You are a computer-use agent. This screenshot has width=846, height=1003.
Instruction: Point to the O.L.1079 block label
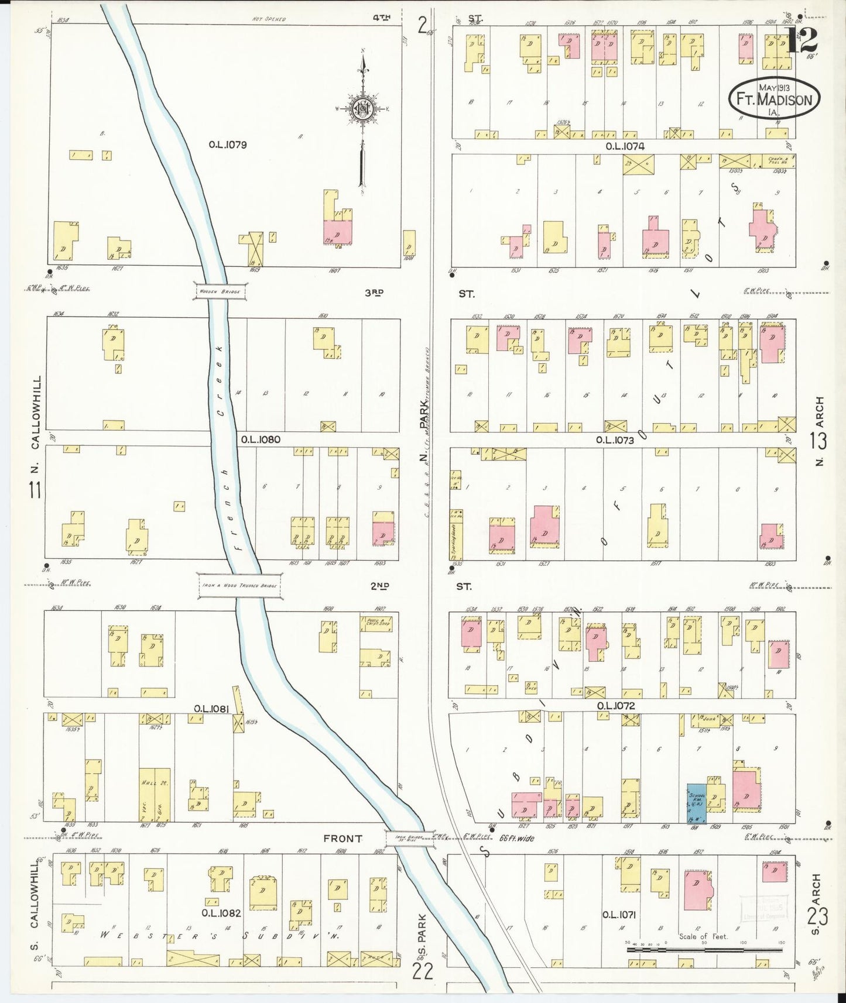227,145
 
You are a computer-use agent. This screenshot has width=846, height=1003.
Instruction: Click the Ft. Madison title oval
774,98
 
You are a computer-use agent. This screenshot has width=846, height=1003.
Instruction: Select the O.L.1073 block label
615,440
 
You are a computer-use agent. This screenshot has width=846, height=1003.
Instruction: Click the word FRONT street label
342,839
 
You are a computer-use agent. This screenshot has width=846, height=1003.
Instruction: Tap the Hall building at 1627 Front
154,794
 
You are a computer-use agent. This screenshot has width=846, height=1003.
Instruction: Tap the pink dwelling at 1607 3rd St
338,232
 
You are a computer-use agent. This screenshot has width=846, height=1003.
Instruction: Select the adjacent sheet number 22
423,972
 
